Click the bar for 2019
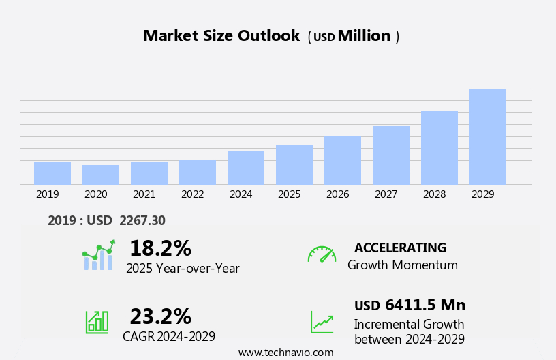point(52,173)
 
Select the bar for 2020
point(101,175)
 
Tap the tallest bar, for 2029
point(488,137)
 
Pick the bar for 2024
point(246,168)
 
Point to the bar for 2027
point(391,155)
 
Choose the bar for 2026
point(343,160)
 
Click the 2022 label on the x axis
point(193,194)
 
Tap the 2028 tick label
point(434,194)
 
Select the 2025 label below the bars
point(289,194)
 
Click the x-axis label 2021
point(144,194)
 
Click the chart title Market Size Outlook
point(221,36)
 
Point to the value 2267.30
point(142,220)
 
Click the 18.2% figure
point(160,248)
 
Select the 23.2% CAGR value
point(160,316)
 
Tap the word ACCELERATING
point(400,247)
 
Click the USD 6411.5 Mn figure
point(410,305)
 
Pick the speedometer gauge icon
point(322,254)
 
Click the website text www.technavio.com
point(285,352)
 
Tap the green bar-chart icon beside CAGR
point(97,322)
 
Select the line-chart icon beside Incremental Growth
point(322,322)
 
